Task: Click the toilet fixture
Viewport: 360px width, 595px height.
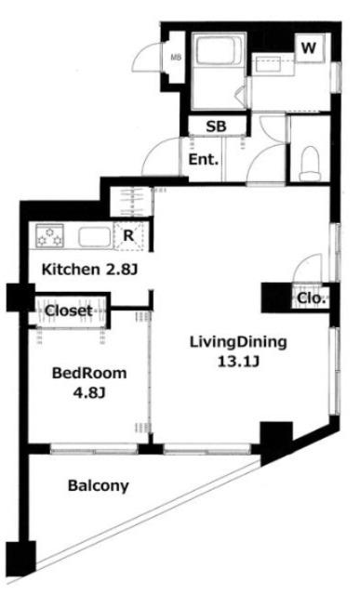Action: click(x=310, y=164)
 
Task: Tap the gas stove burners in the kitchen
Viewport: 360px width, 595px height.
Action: click(x=49, y=235)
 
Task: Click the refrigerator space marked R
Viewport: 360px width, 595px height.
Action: click(x=129, y=236)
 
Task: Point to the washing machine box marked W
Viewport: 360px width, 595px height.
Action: click(x=309, y=48)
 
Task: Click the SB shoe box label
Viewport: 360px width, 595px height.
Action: click(x=216, y=126)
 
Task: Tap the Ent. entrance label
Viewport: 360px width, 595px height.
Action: click(x=204, y=159)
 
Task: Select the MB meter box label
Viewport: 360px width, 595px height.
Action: click(x=176, y=58)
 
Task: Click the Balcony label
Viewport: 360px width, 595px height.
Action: click(x=99, y=486)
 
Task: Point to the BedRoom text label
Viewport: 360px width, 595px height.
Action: click(x=89, y=373)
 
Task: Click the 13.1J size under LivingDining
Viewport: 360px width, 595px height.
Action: click(x=238, y=362)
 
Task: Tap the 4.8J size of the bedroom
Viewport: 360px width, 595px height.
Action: click(x=89, y=392)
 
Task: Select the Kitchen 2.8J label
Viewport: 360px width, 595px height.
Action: click(x=89, y=270)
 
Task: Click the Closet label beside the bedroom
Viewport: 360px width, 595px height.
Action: click(x=69, y=311)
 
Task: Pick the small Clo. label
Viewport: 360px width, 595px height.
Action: click(x=312, y=298)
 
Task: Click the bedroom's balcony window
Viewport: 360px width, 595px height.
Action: click(x=94, y=449)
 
